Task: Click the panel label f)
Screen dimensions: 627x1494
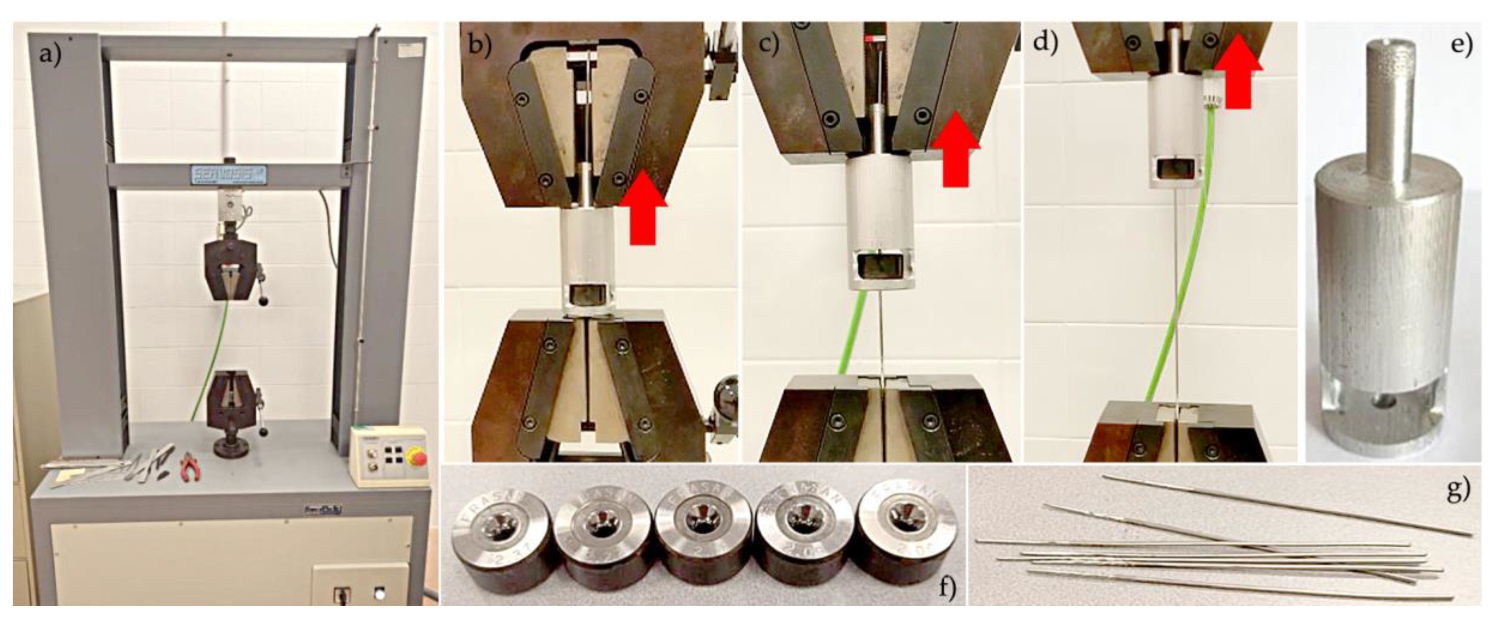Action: click(946, 588)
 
